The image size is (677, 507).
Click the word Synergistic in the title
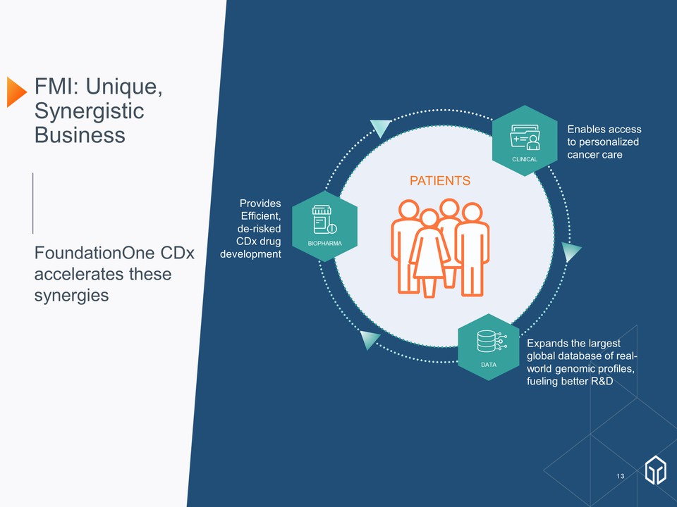point(90,111)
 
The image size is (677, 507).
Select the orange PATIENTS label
point(440,181)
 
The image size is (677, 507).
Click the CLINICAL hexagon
point(525,140)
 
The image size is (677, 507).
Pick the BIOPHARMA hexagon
point(324,226)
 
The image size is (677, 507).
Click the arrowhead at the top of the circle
point(380,127)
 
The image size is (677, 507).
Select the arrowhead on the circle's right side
point(571,251)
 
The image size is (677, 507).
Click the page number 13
point(620,477)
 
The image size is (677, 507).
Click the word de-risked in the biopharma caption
point(260,228)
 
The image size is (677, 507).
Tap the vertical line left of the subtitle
point(33,203)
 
